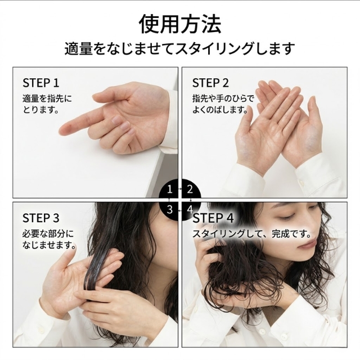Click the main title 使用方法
click(180, 25)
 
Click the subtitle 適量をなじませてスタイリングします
click(180, 48)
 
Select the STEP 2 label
click(210, 83)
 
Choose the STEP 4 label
click(214, 218)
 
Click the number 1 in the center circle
click(170, 190)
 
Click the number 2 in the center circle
click(190, 190)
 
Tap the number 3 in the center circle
click(170, 209)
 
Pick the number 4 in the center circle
click(190, 209)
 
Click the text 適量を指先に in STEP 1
click(47, 98)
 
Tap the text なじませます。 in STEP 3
click(49, 246)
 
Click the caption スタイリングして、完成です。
click(252, 233)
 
